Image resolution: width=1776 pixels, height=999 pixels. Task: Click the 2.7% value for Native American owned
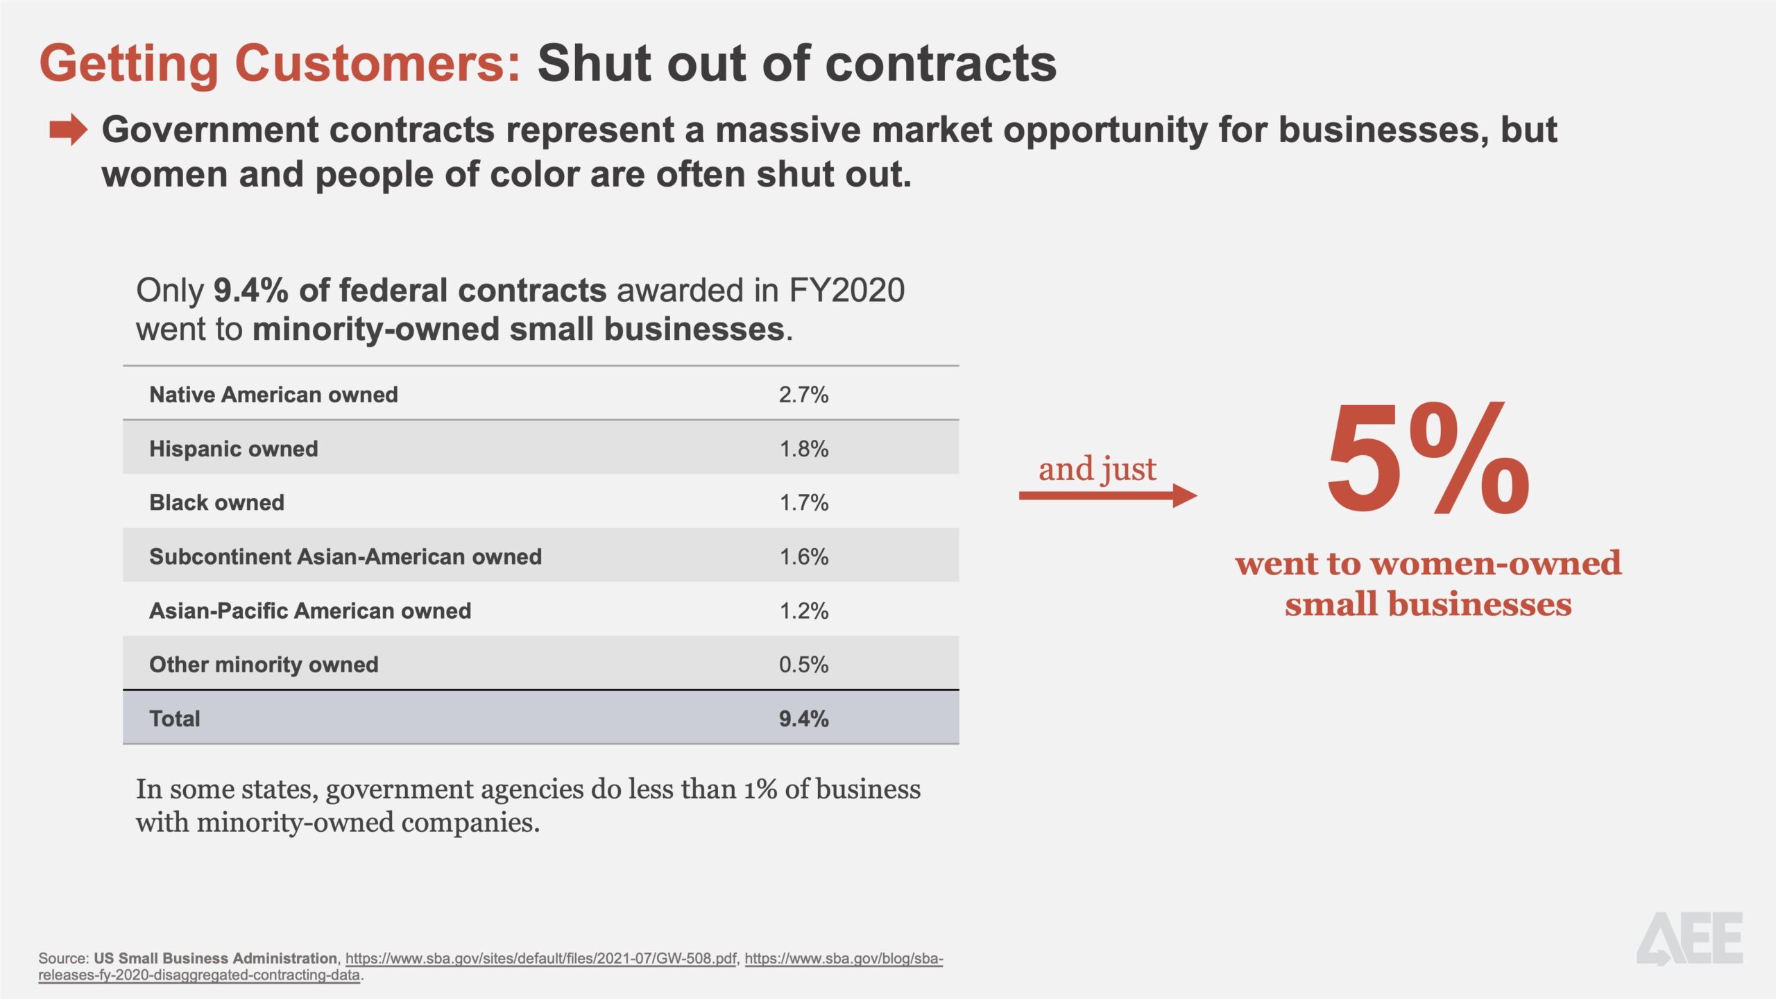[x=803, y=395]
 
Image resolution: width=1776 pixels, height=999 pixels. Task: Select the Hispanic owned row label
[x=234, y=449]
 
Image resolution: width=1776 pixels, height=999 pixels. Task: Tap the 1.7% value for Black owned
[x=803, y=502]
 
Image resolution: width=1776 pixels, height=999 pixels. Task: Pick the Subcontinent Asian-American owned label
[x=345, y=556]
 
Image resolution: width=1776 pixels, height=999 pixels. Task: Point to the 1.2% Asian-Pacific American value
[x=803, y=610]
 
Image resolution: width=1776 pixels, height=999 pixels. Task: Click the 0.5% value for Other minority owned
[x=803, y=665]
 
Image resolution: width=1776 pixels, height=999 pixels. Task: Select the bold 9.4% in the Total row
[x=803, y=719]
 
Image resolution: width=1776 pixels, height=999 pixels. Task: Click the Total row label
[x=175, y=719]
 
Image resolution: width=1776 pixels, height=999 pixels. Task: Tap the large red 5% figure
[x=1428, y=461]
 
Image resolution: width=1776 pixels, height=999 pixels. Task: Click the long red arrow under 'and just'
[x=1107, y=495]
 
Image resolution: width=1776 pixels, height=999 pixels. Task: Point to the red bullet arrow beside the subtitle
[x=68, y=130]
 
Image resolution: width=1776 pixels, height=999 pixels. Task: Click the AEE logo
[x=1690, y=939]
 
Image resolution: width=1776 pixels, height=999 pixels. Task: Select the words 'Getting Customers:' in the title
[x=280, y=63]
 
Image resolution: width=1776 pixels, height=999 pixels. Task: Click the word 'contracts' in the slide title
[x=941, y=63]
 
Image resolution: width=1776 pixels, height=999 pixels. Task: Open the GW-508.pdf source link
[x=540, y=958]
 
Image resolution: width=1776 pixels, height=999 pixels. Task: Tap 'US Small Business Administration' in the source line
[x=215, y=958]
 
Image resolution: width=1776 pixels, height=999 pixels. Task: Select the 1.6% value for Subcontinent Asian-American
[x=803, y=556]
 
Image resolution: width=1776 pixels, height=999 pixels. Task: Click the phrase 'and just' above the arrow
[x=1097, y=469]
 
